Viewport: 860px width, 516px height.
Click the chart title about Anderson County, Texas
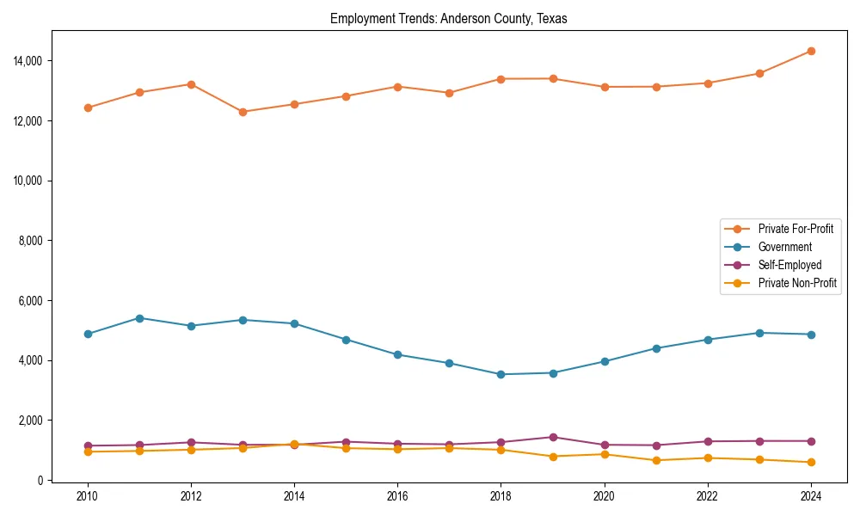tap(448, 19)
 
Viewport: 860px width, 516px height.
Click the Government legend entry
tap(784, 247)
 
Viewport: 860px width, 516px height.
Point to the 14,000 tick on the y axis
tap(28, 61)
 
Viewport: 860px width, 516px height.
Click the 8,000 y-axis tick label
tap(30, 241)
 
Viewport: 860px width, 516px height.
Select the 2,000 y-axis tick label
tap(30, 421)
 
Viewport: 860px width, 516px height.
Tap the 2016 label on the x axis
tap(397, 496)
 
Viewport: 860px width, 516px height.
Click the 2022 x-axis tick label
tap(708, 496)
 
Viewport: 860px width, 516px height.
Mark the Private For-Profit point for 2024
tap(811, 52)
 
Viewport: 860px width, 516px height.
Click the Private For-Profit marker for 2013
tap(243, 112)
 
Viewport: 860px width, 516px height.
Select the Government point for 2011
tap(139, 318)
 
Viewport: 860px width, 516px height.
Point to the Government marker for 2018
tap(501, 374)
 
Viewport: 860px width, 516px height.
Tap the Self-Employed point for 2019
tap(553, 437)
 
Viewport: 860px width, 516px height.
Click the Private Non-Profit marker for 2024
tap(811, 462)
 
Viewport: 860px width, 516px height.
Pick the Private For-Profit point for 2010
tap(88, 107)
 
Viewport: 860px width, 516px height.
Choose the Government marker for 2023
tap(759, 333)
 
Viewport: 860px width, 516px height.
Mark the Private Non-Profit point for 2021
tap(656, 460)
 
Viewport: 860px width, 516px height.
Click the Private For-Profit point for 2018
tap(501, 79)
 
